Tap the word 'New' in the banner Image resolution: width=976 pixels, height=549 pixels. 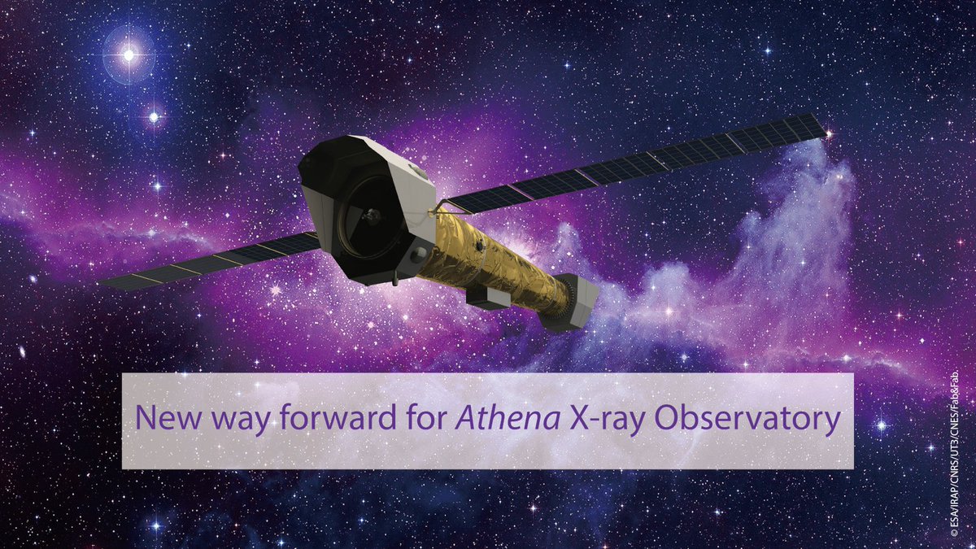pos(161,420)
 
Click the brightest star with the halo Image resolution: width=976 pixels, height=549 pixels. pos(128,54)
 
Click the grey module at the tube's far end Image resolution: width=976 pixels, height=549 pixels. pos(573,301)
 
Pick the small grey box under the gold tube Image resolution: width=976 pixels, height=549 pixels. pos(487,297)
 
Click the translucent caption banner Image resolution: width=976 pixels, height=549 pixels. pos(488,455)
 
